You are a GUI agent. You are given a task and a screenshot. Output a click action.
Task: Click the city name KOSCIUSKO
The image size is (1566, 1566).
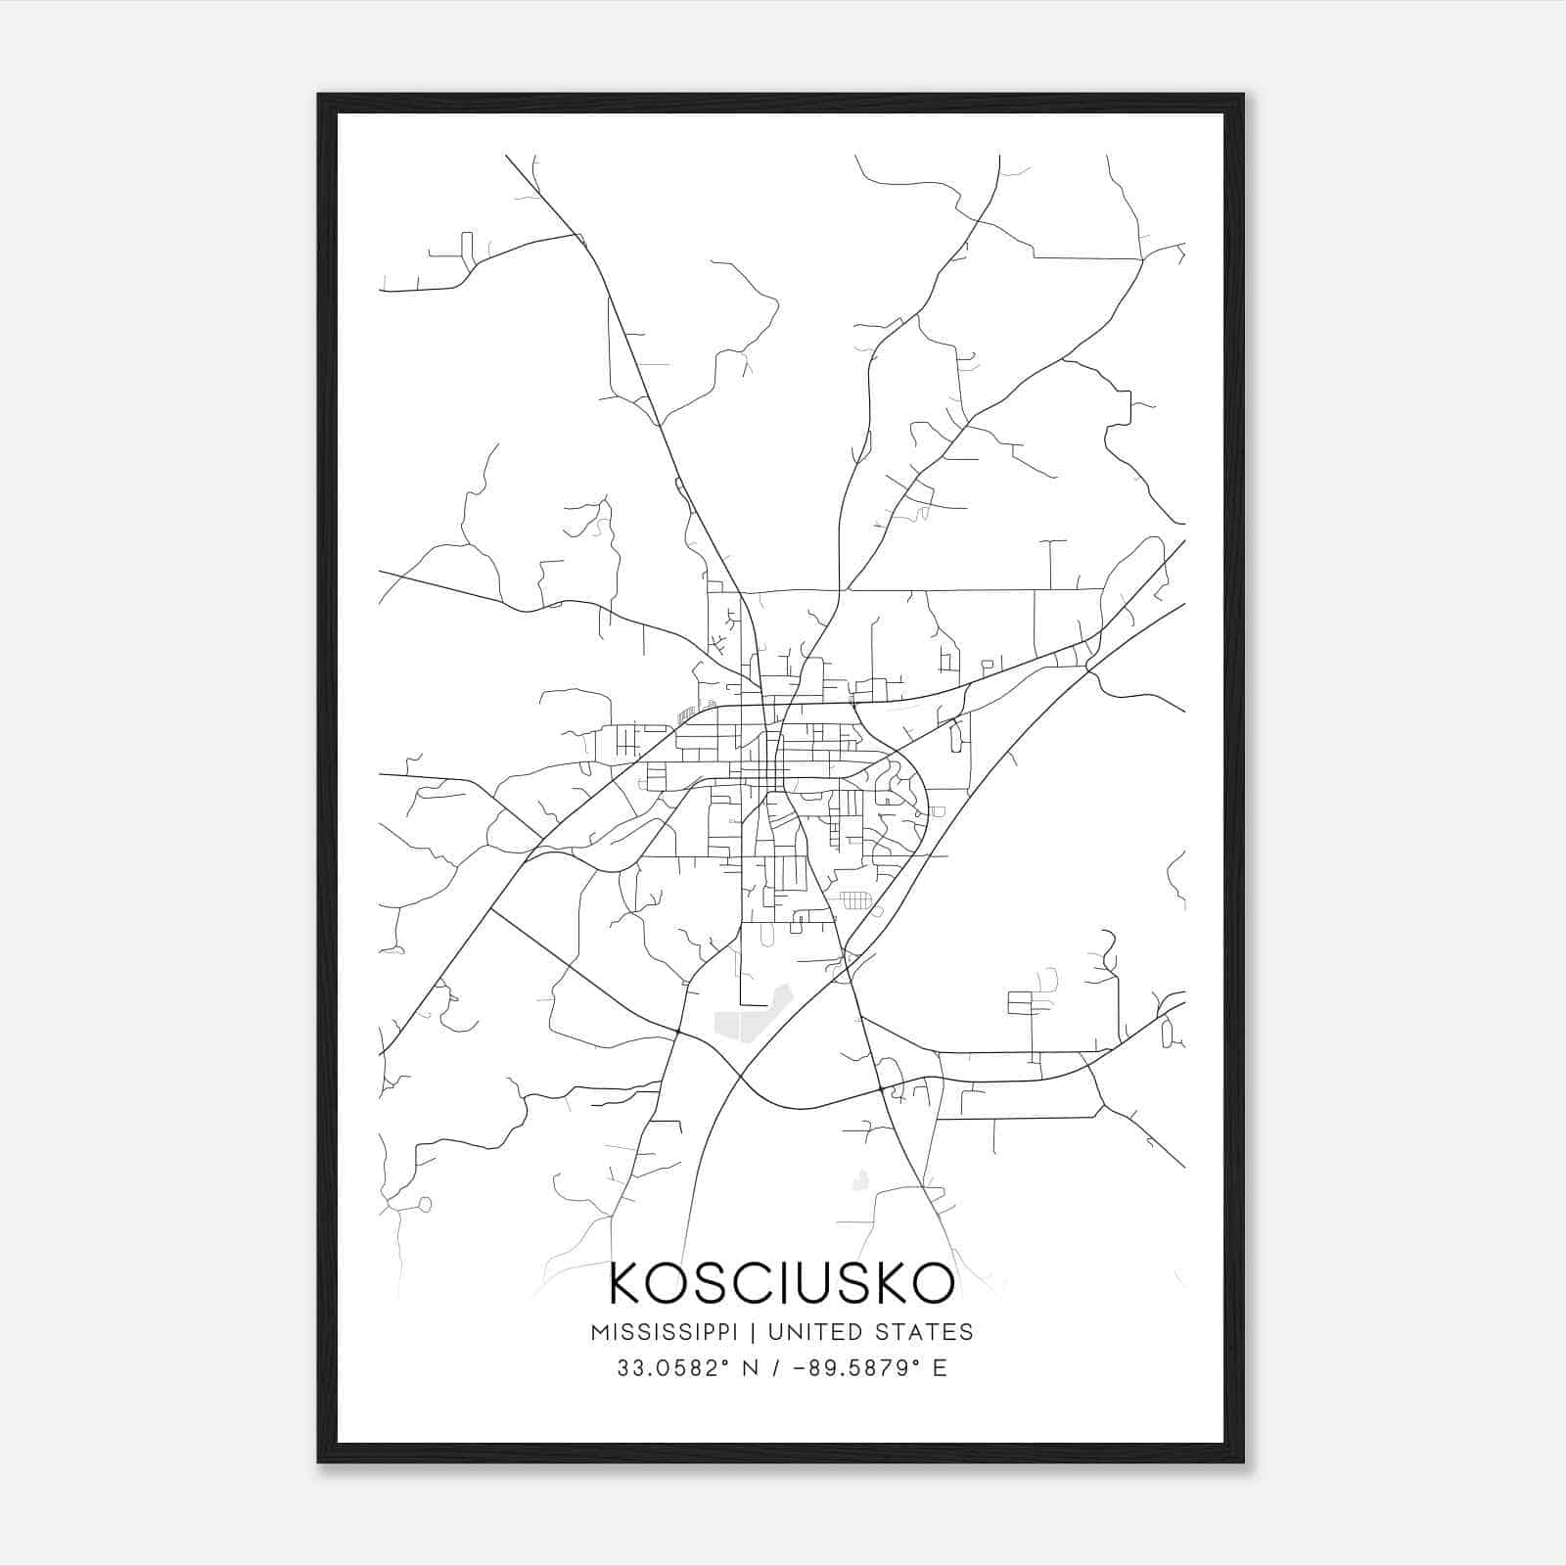(x=781, y=1283)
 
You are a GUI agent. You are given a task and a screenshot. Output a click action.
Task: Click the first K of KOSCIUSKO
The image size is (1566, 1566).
(x=627, y=1283)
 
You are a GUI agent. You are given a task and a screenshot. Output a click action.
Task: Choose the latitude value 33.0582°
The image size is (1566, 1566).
(x=663, y=1368)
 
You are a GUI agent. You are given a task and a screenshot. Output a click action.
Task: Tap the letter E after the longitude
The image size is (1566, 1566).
(x=940, y=1368)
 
